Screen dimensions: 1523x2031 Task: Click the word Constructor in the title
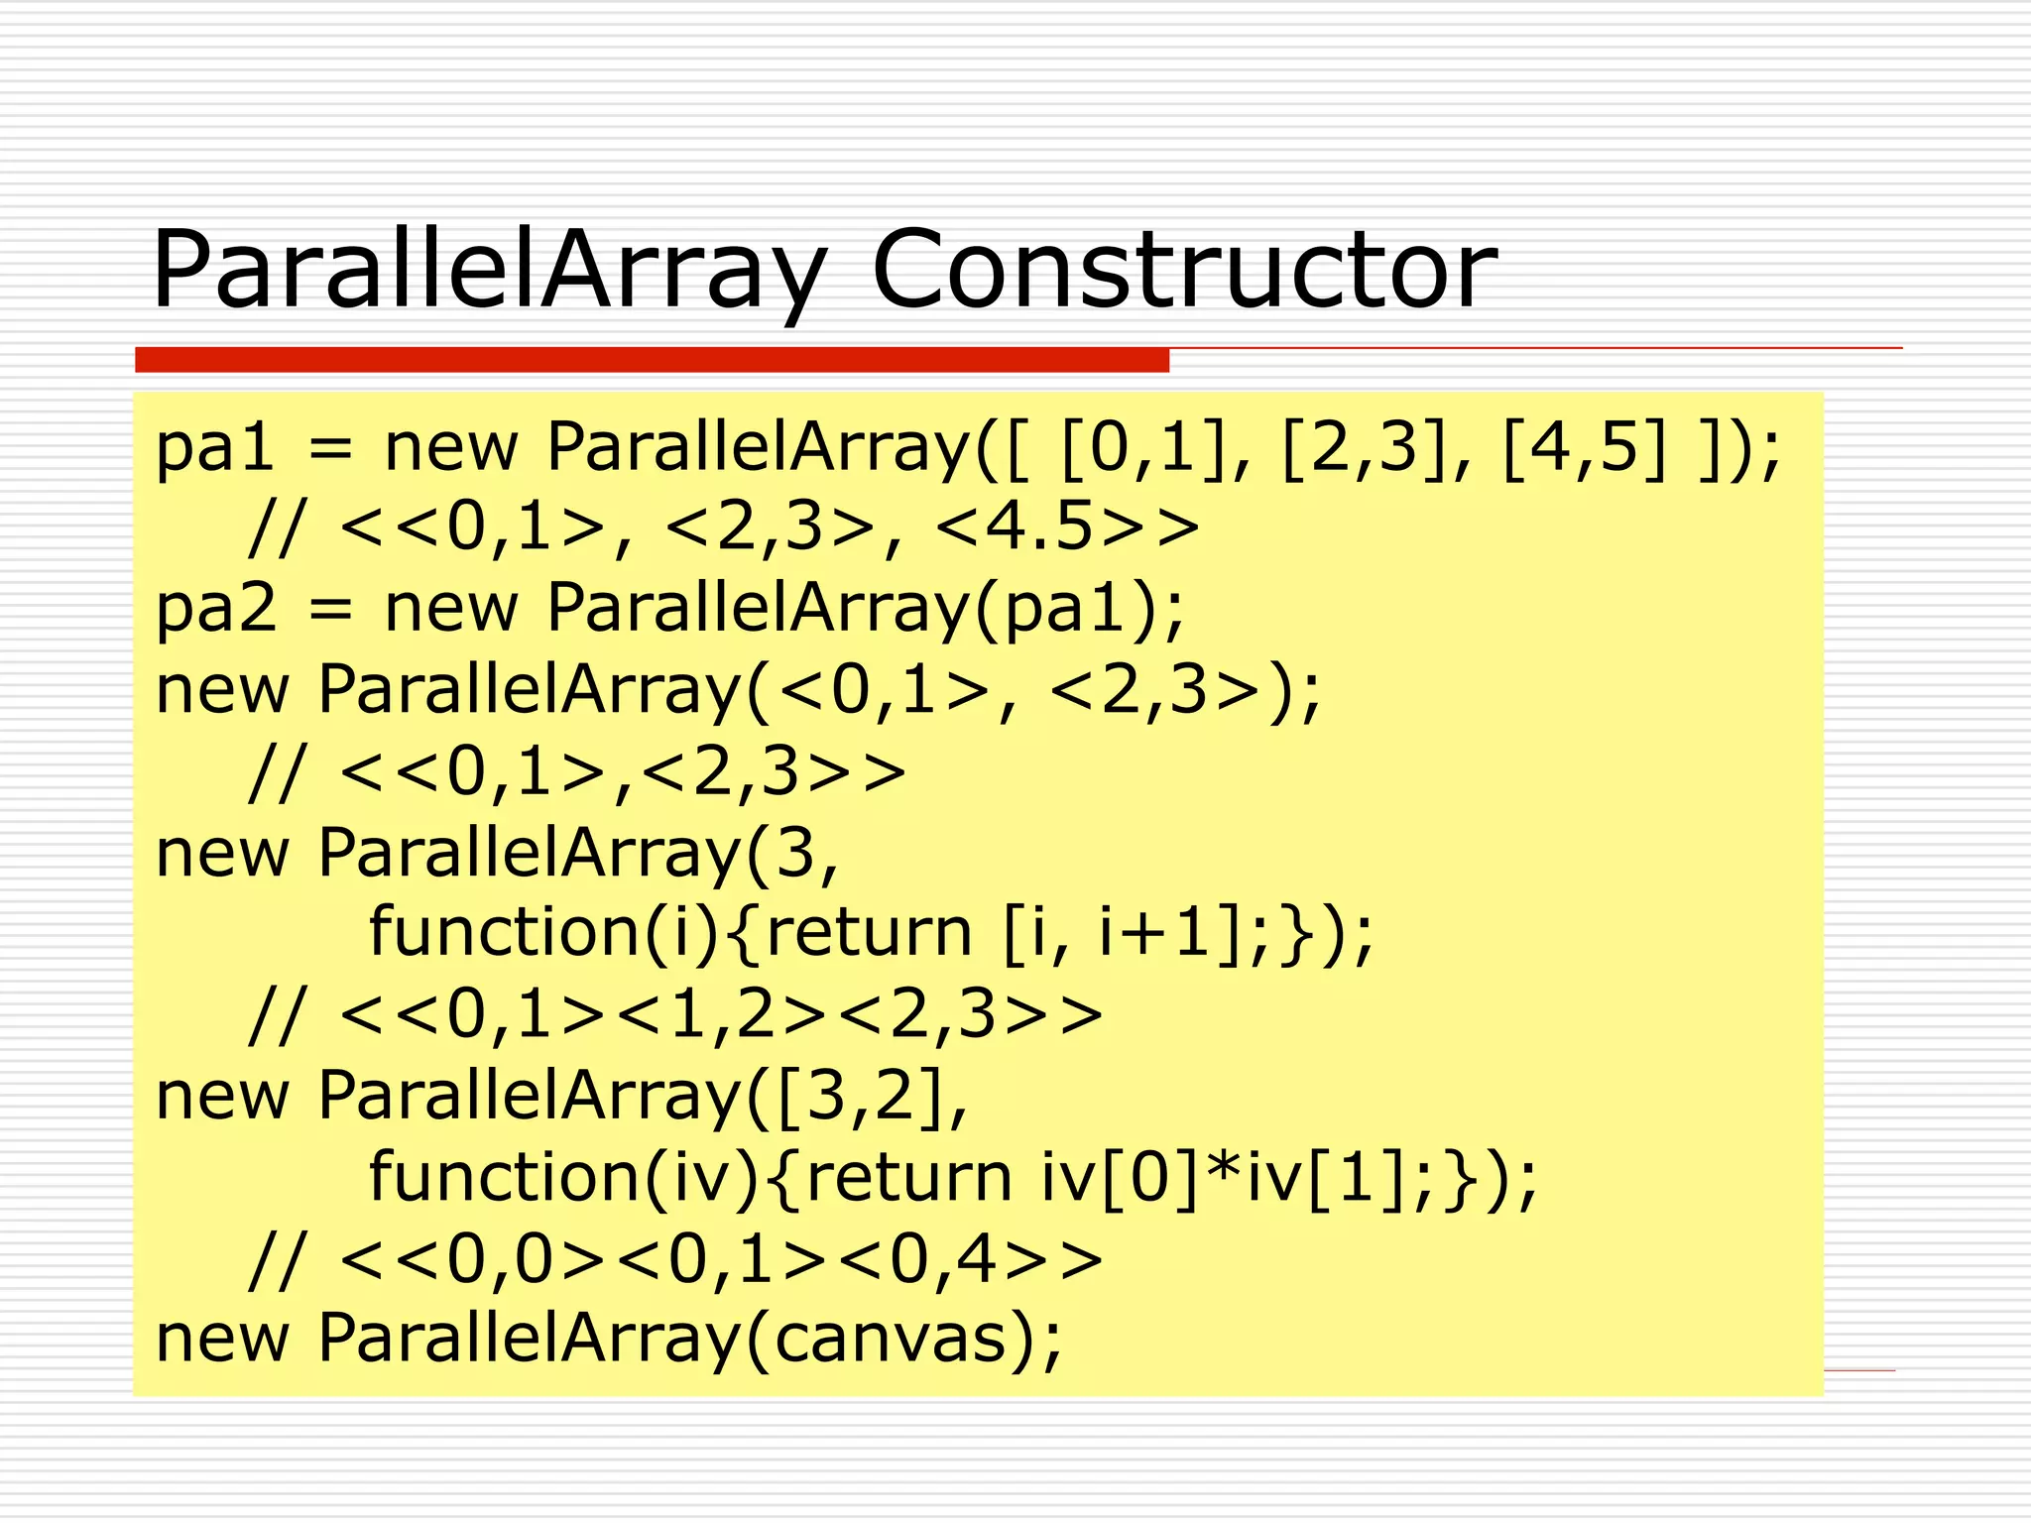1183,270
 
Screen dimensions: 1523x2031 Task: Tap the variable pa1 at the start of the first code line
215,448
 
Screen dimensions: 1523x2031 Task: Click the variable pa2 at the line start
215,609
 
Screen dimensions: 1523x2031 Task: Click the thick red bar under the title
652,360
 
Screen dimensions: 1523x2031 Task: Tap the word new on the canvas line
223,1339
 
